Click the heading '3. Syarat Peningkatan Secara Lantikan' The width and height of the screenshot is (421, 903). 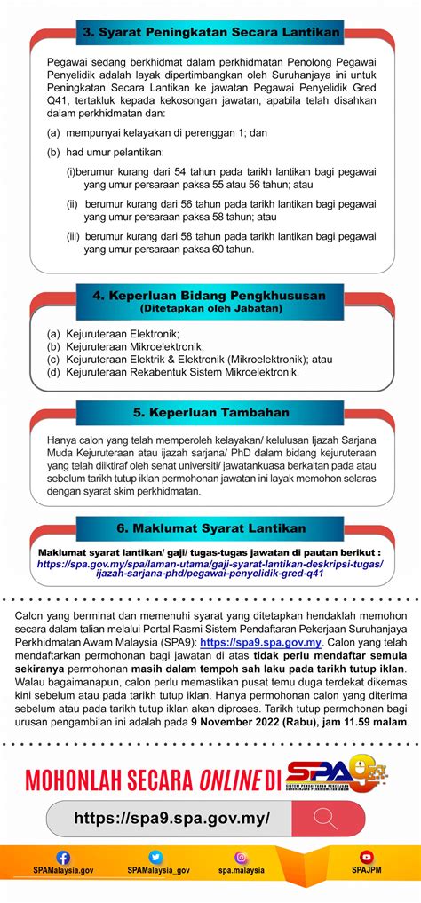coord(210,33)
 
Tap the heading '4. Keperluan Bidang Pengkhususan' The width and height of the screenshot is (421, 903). coord(210,295)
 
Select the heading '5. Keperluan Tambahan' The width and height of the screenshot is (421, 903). coord(210,413)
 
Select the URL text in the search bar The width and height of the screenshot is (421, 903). coord(171,818)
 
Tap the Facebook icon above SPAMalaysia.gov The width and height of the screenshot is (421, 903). coord(63,858)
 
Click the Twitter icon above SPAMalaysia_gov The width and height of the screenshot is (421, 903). coord(156,858)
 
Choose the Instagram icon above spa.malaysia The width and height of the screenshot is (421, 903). coord(241,858)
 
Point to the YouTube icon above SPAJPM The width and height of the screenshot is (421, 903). coord(367,858)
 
